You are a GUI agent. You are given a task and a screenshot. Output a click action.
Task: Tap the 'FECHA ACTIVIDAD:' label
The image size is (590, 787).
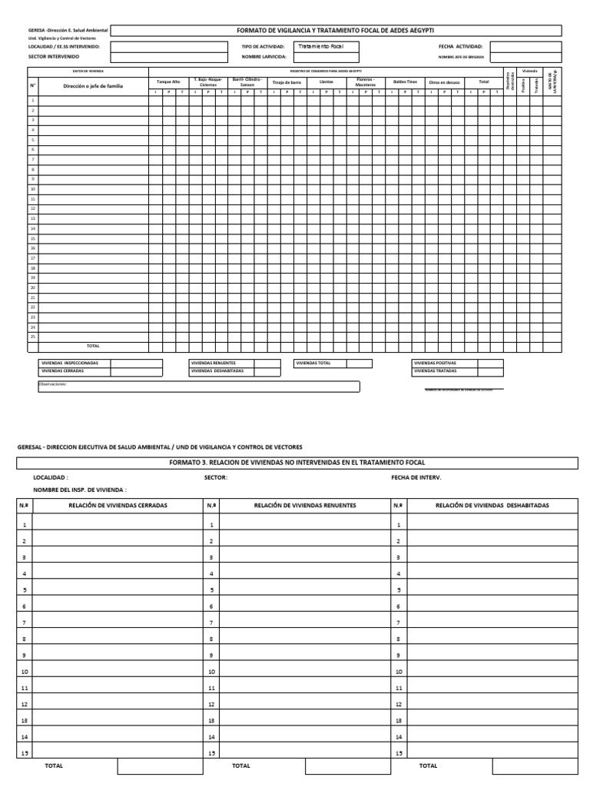tap(460, 46)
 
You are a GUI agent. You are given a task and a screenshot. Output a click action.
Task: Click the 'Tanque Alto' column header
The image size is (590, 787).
tap(168, 81)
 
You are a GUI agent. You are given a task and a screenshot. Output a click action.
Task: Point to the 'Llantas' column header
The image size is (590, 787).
tap(326, 81)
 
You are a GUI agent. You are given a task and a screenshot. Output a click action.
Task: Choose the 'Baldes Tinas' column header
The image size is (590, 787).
tap(405, 81)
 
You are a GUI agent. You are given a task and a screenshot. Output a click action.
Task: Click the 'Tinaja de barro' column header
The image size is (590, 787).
tap(287, 81)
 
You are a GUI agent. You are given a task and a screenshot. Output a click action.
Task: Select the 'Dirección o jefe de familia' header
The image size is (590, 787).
tap(92, 86)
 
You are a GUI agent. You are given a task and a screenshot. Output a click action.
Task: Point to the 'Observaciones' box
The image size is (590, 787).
tap(198, 387)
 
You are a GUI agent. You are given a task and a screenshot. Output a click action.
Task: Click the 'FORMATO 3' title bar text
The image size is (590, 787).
tap(297, 463)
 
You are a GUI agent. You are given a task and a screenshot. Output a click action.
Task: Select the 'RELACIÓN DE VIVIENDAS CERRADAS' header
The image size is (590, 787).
tap(118, 506)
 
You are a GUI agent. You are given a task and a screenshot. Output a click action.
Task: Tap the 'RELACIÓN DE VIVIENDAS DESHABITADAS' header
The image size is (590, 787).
tap(492, 506)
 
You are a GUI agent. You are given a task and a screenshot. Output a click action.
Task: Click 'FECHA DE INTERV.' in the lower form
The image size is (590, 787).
tap(416, 477)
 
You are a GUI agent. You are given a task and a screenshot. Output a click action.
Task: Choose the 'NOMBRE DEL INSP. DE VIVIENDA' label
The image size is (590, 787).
tap(80, 490)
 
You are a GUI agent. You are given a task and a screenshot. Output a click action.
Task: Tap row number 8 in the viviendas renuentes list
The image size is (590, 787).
tap(211, 639)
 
